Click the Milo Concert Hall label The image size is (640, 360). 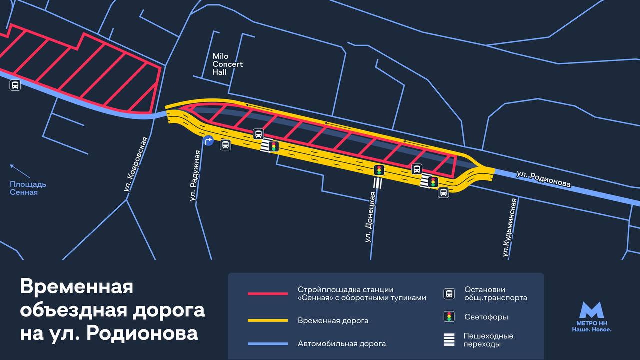pos(227,64)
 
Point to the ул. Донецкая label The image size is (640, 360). pos(370,217)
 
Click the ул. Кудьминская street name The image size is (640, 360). pos(510,227)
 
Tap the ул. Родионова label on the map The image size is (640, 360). pos(543,179)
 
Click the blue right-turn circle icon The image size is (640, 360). pos(209,141)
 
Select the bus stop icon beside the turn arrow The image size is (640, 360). pos(226,145)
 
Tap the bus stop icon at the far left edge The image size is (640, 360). pos(15,85)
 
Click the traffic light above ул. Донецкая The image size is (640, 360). pos(379,170)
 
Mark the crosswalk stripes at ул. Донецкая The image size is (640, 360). pos(377,183)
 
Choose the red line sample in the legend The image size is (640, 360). pos(267,294)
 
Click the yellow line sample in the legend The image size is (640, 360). pos(267,320)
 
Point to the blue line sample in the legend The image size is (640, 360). pos(267,344)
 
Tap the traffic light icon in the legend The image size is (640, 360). pos(449,317)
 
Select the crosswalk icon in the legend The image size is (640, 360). pos(449,340)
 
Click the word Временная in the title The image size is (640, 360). pos(77,287)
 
